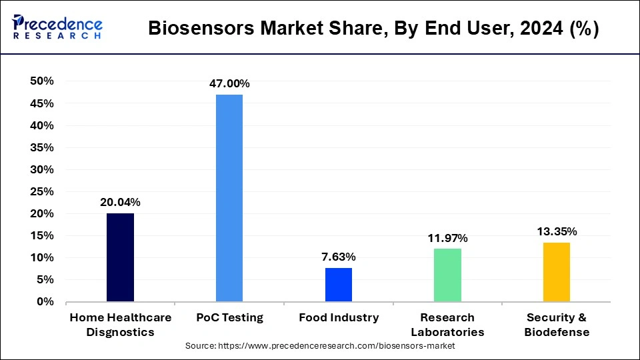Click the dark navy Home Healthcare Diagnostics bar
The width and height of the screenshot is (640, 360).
point(120,257)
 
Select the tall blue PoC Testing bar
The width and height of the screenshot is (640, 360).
point(229,198)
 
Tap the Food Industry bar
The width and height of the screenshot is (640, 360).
point(339,285)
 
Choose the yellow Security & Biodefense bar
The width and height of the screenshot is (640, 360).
point(557,272)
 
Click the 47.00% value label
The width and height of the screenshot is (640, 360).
point(229,83)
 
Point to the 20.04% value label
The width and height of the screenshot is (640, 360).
point(120,202)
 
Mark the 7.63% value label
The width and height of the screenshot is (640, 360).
point(339,257)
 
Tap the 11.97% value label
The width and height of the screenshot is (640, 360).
point(447,238)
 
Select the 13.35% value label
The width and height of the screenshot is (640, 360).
point(557,231)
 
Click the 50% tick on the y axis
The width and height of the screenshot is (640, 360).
point(41,81)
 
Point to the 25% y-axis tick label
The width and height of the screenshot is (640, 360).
point(41,191)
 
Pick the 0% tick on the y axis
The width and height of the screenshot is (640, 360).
point(45,301)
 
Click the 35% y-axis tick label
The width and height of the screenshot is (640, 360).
point(41,147)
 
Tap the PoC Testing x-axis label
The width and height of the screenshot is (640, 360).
point(229,318)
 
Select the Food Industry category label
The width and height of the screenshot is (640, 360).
point(339,318)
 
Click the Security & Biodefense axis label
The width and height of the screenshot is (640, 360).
point(557,325)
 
